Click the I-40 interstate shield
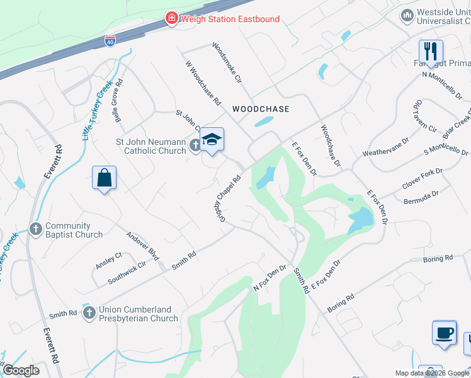[x=110, y=41]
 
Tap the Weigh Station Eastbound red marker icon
[x=171, y=18]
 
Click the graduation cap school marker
[x=212, y=140]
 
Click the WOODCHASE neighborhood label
[x=261, y=109]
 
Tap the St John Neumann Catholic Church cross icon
[x=195, y=146]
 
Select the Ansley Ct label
[x=108, y=260]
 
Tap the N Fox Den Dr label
[x=270, y=277]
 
